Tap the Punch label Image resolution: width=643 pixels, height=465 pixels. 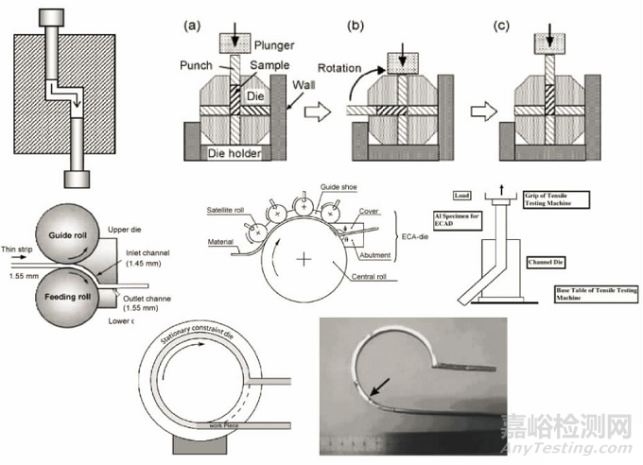[200, 64]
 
